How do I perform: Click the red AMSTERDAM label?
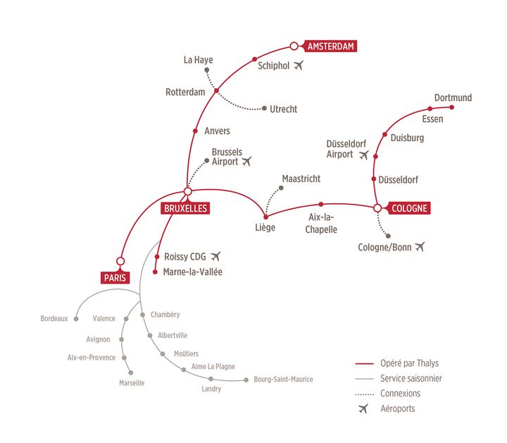pyautogui.click(x=330, y=47)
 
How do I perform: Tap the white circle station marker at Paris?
pyautogui.click(x=120, y=261)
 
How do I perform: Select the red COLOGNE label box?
pyautogui.click(x=409, y=208)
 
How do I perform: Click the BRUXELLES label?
pyautogui.click(x=185, y=208)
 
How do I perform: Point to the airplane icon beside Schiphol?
pyautogui.click(x=299, y=65)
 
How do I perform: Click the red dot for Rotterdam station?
pyautogui.click(x=216, y=91)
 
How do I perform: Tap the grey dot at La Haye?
pyautogui.click(x=206, y=70)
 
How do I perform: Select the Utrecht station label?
pyautogui.click(x=283, y=109)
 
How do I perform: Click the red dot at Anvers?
pyautogui.click(x=195, y=131)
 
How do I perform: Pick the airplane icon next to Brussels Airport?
pyautogui.click(x=246, y=161)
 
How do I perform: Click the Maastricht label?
pyautogui.click(x=301, y=178)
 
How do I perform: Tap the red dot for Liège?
pyautogui.click(x=265, y=217)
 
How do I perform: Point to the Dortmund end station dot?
pyautogui.click(x=451, y=107)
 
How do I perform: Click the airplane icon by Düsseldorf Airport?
pyautogui.click(x=364, y=154)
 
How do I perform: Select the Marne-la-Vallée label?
pyautogui.click(x=192, y=272)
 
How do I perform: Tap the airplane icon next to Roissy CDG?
pyautogui.click(x=215, y=256)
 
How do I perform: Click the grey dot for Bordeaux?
pyautogui.click(x=76, y=319)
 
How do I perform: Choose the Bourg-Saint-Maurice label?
pyautogui.click(x=283, y=380)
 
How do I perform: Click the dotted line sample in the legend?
pyautogui.click(x=365, y=394)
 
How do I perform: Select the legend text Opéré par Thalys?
pyautogui.click(x=409, y=363)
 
